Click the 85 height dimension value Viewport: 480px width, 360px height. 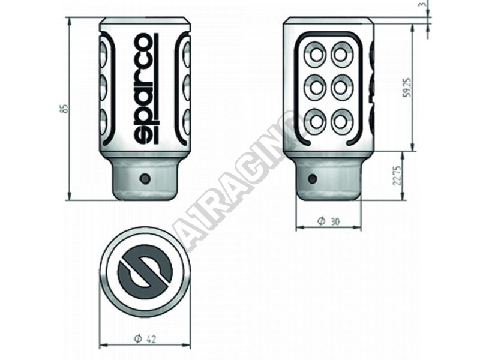[64, 109]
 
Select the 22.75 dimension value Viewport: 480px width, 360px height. [397, 176]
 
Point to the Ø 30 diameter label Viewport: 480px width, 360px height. [328, 221]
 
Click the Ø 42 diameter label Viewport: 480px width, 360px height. [145, 338]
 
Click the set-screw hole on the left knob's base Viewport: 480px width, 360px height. [145, 178]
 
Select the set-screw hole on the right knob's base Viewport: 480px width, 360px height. [312, 178]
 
